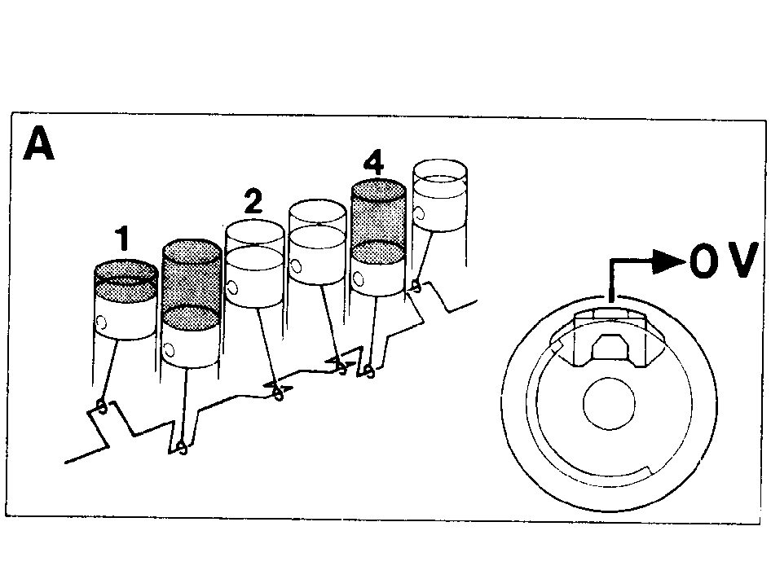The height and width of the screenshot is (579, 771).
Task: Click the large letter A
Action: pos(38,143)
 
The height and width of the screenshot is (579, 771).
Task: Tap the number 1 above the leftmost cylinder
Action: pos(122,238)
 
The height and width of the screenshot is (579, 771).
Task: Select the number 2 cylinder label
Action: pos(253,200)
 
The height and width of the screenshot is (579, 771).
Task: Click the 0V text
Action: pos(722,261)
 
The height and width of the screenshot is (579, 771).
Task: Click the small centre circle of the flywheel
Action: pos(609,403)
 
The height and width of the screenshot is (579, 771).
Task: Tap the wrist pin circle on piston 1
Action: pos(101,322)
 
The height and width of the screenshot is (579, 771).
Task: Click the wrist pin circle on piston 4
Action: pos(359,279)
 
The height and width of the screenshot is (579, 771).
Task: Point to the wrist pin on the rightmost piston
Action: pos(419,214)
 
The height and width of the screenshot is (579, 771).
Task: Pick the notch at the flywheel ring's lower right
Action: pos(650,469)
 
